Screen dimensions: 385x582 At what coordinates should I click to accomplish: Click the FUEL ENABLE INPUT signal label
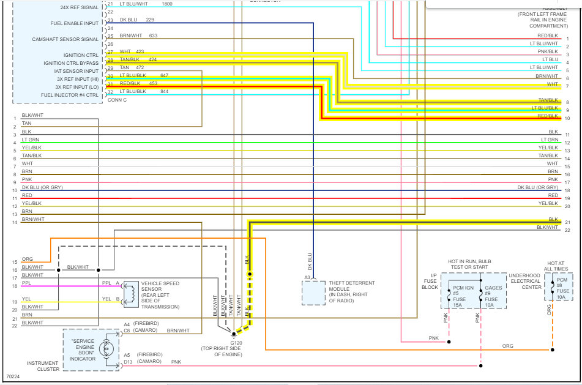[x=75, y=23]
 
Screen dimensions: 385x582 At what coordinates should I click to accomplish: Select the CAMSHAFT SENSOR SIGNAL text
[x=65, y=39]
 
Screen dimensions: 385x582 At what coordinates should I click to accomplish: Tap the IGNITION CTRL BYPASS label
[x=71, y=63]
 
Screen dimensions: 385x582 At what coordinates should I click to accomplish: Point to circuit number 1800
[x=167, y=4]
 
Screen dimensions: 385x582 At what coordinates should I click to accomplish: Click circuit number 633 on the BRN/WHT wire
[x=153, y=36]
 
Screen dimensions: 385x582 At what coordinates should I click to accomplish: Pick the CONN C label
[x=117, y=100]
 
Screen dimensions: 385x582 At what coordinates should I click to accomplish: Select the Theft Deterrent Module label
[x=351, y=291]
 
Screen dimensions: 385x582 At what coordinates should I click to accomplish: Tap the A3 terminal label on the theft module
[x=307, y=277]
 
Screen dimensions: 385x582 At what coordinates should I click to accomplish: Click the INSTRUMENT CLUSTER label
[x=43, y=366]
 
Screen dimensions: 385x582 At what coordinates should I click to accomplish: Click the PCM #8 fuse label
[x=562, y=288]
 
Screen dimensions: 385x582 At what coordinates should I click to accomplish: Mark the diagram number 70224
[x=13, y=377]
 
